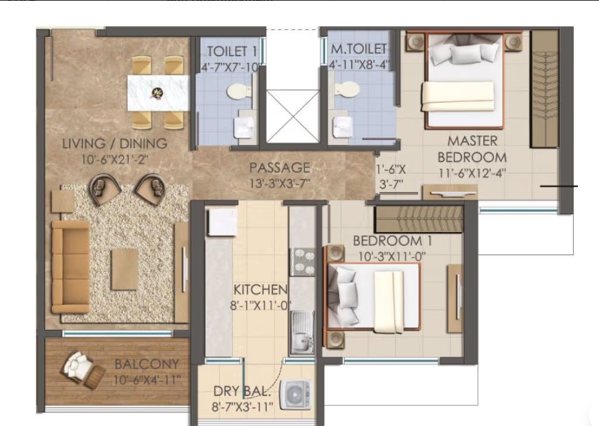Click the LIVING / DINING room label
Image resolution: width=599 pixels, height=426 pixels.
click(x=114, y=144)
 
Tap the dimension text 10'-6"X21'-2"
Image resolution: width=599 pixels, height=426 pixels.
click(x=114, y=160)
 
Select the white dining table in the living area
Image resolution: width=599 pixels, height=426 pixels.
click(x=157, y=91)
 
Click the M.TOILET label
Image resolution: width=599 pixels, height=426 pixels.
click(x=359, y=51)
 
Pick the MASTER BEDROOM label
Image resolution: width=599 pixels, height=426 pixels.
click(x=472, y=149)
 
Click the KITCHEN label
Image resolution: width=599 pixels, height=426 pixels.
click(x=260, y=290)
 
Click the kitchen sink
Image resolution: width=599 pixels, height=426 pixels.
click(x=302, y=328)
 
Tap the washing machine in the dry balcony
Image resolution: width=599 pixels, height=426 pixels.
click(x=294, y=396)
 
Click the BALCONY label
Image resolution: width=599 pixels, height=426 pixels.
click(x=147, y=364)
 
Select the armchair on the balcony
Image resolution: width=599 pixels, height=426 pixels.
click(x=81, y=370)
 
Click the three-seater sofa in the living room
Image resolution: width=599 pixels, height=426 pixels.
click(x=69, y=266)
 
